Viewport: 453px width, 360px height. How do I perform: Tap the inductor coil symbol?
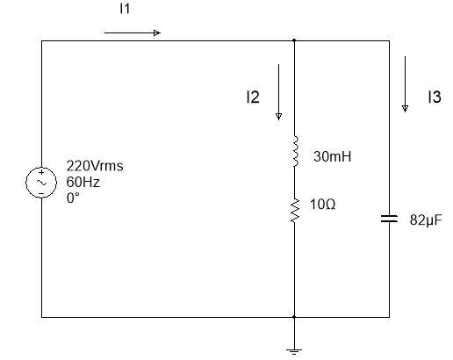pos(296,151)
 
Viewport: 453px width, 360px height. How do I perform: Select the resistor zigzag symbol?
pos(295,210)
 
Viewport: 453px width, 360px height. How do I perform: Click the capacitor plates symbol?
pos(389,219)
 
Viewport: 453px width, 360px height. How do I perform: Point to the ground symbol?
pos(294,351)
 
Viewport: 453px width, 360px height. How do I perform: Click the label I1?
pos(125,9)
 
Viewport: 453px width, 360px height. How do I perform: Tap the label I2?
pos(253,97)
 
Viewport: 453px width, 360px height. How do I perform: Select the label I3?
pos(435,97)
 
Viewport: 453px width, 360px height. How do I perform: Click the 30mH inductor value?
pos(332,156)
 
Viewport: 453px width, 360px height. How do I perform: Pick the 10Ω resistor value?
pos(322,205)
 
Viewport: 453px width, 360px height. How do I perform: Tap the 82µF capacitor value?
pos(426,220)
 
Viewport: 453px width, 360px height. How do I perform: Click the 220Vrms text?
pos(95,166)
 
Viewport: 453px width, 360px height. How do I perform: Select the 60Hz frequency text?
pos(83,182)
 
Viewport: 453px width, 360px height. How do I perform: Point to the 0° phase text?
pos(73,198)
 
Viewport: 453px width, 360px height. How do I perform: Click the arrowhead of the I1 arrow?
pos(157,32)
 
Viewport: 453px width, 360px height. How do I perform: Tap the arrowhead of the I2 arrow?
pos(278,117)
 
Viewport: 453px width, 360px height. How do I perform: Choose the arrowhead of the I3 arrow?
pos(405,109)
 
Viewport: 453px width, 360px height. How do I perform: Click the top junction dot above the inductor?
pos(294,40)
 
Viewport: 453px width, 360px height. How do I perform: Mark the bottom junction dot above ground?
pos(294,317)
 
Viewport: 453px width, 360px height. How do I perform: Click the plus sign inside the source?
pos(41,172)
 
